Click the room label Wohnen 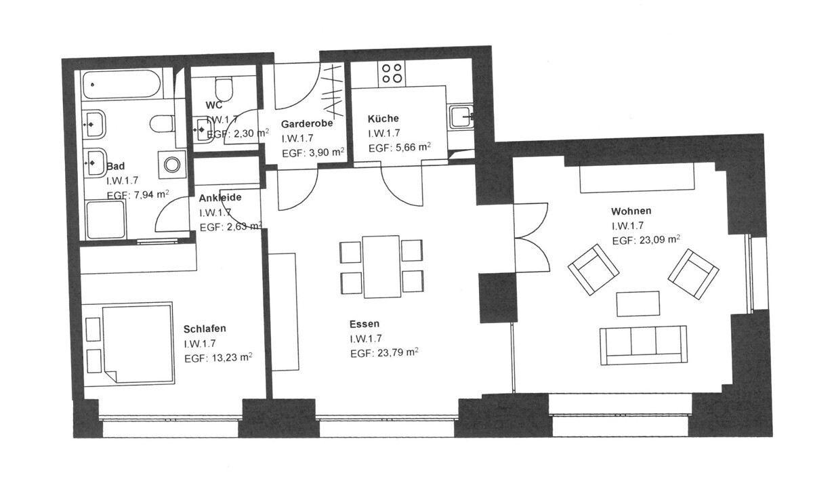coord(631,211)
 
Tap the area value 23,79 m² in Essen coord(398,352)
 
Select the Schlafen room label coord(205,329)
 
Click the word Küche coord(383,119)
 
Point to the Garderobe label coord(307,124)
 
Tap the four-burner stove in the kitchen coord(392,73)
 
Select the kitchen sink coord(461,117)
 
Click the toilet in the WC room coord(224,89)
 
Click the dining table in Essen coord(381,267)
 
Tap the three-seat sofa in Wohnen coord(643,345)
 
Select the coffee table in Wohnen coord(638,304)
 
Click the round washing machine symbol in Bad coord(171,165)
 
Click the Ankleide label coord(220,197)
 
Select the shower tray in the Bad coord(106,220)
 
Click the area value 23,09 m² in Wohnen coord(659,240)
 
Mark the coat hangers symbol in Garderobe coord(333,91)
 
